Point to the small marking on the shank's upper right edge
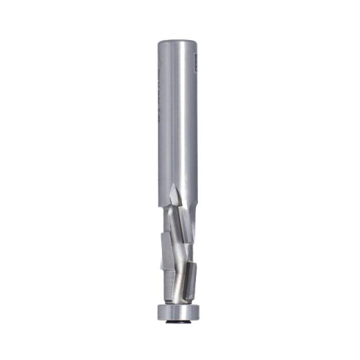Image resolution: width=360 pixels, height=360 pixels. (x=195, y=64)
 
